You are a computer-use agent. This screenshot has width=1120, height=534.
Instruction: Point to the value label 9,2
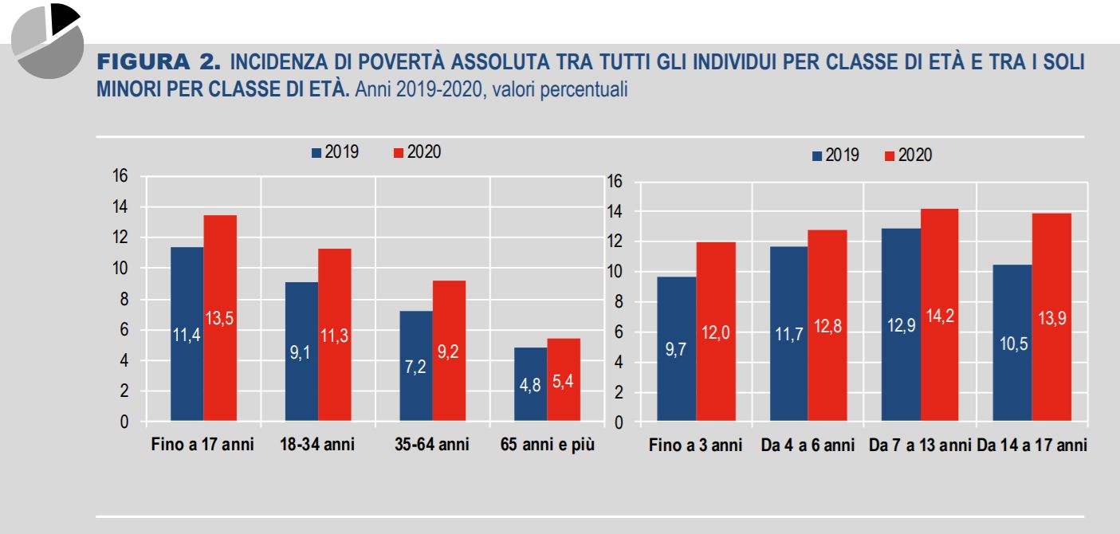[449, 351]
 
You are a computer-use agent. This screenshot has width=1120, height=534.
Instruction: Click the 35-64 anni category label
[431, 445]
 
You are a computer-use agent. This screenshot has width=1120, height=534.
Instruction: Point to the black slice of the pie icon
[64, 18]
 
